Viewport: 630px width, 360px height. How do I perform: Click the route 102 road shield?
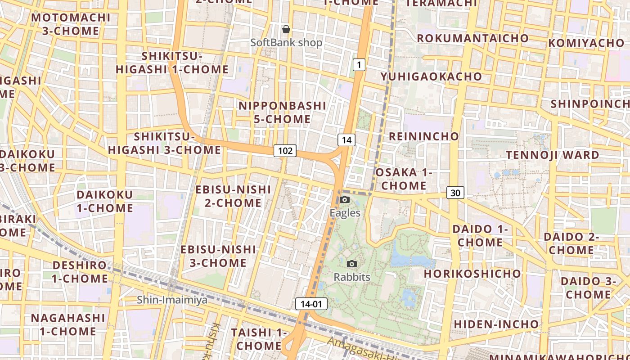coord(285,151)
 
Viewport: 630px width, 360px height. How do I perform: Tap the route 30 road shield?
coord(455,193)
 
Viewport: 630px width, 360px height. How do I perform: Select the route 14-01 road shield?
coord(311,304)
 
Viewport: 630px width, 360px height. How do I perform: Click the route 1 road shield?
coord(359,65)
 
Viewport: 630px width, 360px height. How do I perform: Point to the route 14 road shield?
coord(346,140)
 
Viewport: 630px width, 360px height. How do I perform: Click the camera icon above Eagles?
coord(345,199)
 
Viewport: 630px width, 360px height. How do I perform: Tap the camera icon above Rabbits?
coord(352,264)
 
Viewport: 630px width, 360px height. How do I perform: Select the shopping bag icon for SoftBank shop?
coord(286,30)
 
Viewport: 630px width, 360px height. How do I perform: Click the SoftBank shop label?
coord(286,43)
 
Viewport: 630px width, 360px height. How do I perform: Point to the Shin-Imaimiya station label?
coord(172,300)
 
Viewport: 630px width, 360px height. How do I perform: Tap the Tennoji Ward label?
coord(553,155)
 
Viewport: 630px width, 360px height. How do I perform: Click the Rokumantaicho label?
coord(472,38)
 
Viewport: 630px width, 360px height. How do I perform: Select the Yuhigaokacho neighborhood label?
coord(431,76)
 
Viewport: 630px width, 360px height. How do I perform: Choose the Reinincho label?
coord(424,136)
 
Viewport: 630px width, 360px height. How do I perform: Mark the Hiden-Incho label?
coord(496,324)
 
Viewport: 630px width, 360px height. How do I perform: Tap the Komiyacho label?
coord(586,43)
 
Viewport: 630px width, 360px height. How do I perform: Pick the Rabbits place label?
coord(352,277)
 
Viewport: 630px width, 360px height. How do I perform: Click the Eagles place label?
coord(345,213)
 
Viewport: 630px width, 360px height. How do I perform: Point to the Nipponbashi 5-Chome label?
coord(282,112)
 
